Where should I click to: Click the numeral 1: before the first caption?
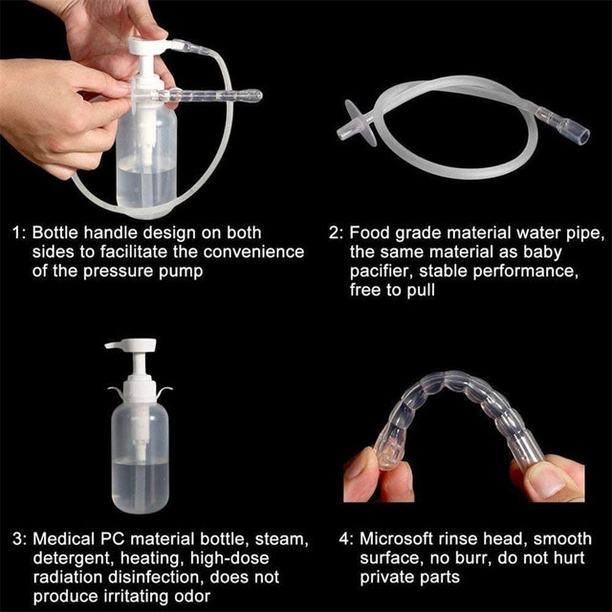point(18,232)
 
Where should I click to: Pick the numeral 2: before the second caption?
point(335,232)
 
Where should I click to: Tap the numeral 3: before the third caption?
point(18,539)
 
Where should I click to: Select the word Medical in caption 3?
point(61,539)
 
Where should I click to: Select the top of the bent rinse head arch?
point(448,400)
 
